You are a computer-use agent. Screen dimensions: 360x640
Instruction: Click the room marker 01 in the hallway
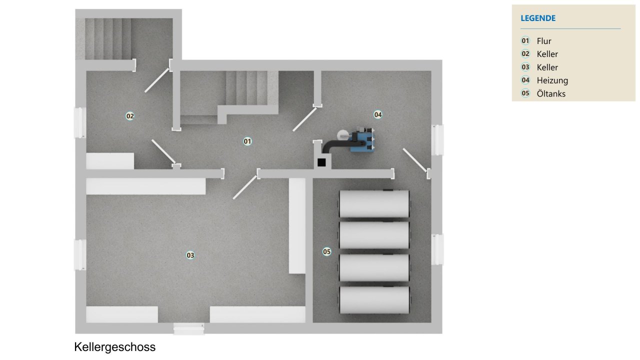click(247, 141)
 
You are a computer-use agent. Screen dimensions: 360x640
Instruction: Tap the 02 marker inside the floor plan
click(130, 116)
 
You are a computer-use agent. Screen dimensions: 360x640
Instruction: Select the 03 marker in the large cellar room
click(190, 255)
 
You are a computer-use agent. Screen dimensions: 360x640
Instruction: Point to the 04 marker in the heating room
click(378, 114)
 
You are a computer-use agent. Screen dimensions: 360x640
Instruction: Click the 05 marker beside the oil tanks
click(326, 251)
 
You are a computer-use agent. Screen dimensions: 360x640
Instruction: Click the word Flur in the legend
click(544, 41)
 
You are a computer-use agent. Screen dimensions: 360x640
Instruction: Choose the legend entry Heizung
click(552, 80)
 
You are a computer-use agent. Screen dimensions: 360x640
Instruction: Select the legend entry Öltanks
click(551, 93)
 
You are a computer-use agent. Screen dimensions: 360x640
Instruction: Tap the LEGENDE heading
click(538, 18)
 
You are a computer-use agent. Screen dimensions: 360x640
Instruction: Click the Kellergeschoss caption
click(114, 347)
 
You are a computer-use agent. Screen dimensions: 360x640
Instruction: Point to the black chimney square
click(321, 162)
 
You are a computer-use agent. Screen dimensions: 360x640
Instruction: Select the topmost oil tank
click(374, 203)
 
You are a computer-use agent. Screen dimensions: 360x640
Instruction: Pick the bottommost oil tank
click(374, 299)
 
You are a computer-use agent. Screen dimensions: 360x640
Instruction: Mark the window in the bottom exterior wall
click(189, 328)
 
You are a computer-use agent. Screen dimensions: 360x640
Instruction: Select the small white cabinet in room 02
click(110, 161)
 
